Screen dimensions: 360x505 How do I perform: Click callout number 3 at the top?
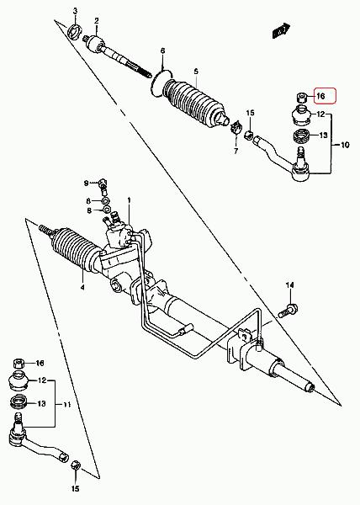76,11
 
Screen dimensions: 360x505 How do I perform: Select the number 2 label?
97,21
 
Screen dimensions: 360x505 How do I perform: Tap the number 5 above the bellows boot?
196,72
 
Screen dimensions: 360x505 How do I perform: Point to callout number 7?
236,151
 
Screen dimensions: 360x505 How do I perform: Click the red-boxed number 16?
320,96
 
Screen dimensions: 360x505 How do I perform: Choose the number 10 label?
345,146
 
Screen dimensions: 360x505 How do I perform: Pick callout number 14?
290,285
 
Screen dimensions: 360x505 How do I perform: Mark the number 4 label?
82,287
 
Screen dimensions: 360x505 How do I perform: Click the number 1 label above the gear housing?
129,200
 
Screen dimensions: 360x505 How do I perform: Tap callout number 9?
87,183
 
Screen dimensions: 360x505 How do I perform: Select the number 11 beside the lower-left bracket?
66,404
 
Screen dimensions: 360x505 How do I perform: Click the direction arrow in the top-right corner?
281,30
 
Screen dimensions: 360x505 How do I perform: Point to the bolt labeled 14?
288,311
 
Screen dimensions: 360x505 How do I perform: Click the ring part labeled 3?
76,32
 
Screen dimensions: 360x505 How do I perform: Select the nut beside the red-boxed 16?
301,97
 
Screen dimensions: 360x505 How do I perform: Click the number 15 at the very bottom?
75,489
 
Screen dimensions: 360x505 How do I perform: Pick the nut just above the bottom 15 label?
76,465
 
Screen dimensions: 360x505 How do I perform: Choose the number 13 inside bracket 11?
41,403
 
